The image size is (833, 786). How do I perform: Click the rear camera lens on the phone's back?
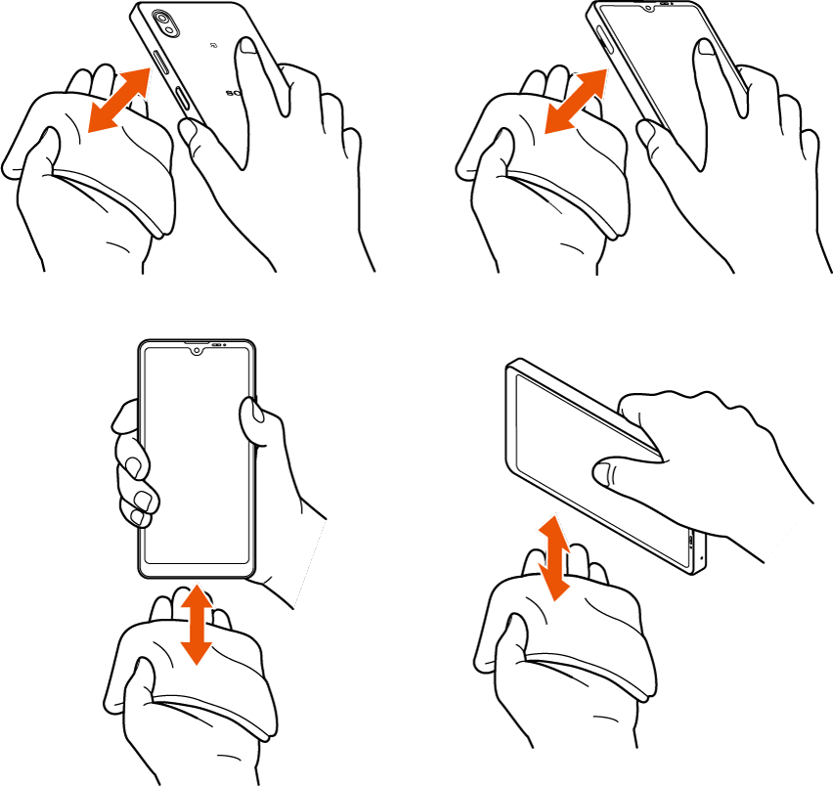click(161, 22)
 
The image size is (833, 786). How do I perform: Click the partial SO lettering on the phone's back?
click(233, 94)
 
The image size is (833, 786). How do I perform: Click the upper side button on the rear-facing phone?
click(161, 73)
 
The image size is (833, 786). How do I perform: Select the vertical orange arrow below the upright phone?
click(197, 622)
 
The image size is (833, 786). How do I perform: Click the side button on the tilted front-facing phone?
click(604, 39)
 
